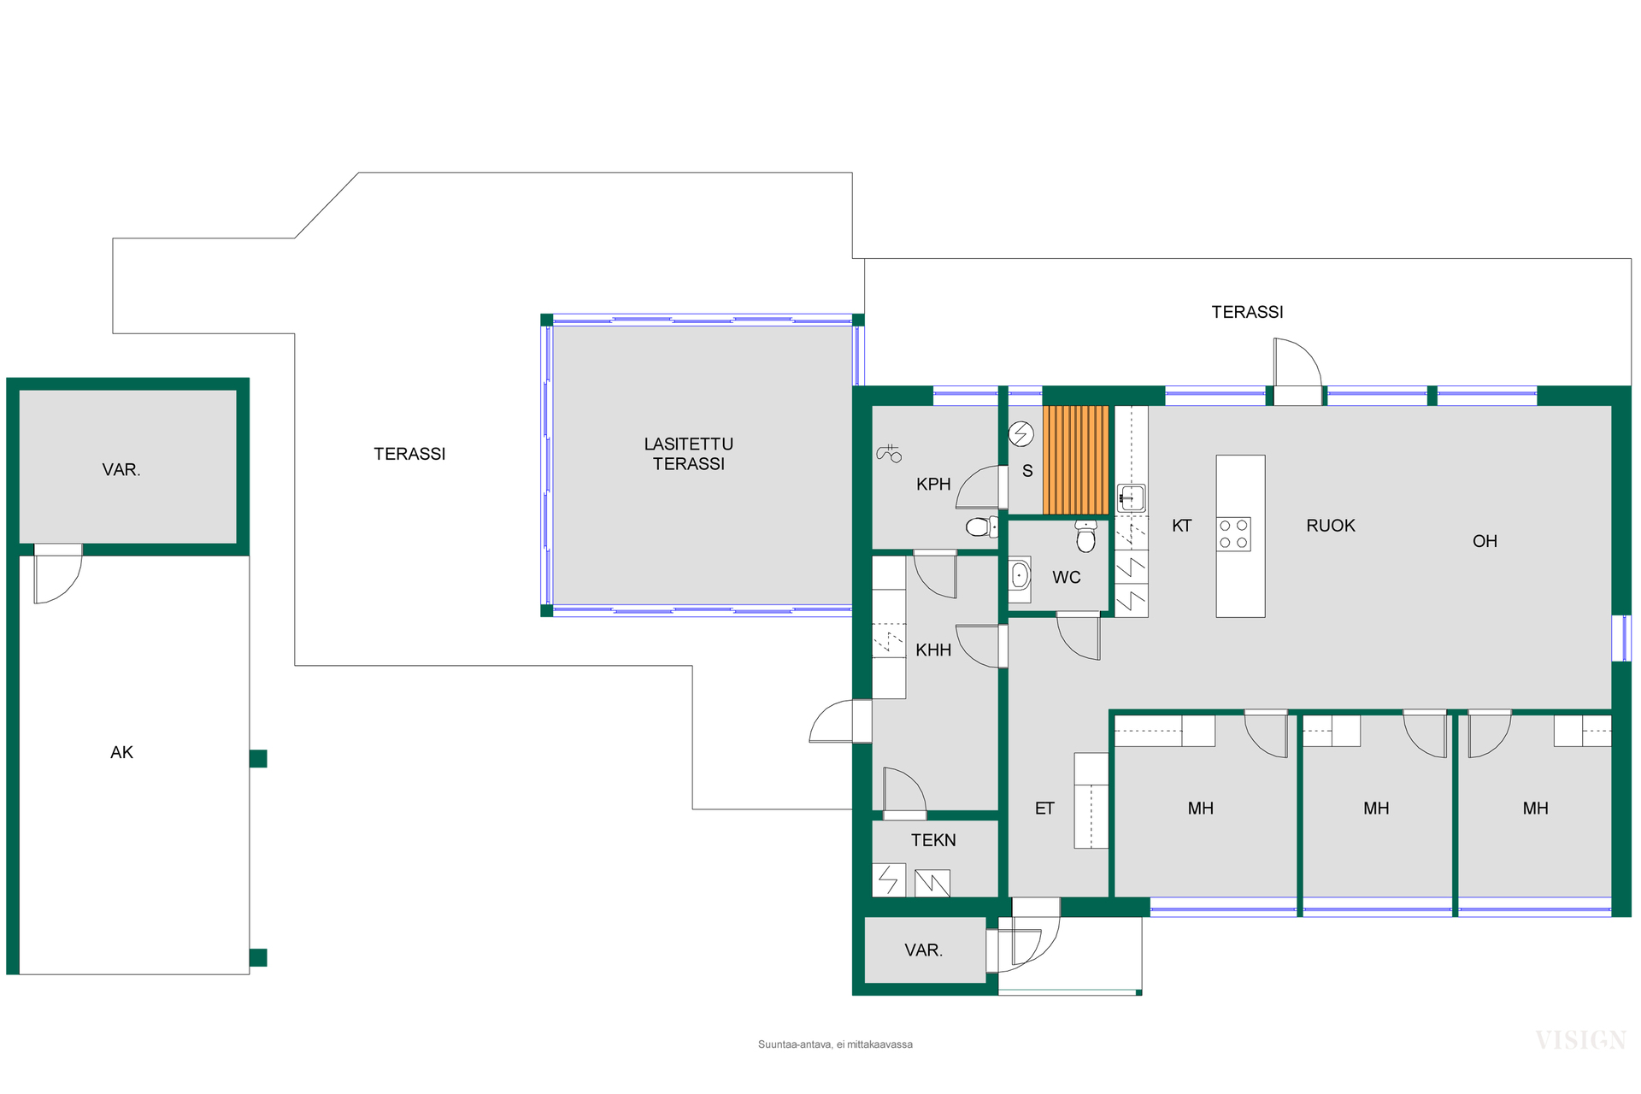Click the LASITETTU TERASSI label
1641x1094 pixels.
(x=689, y=454)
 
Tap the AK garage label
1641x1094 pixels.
(x=122, y=752)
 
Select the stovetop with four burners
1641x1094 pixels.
(x=1233, y=534)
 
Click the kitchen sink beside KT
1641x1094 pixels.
(x=1131, y=497)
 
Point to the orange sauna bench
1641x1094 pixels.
(x=1076, y=460)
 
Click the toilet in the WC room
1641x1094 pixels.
(x=1085, y=536)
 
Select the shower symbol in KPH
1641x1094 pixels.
(x=889, y=454)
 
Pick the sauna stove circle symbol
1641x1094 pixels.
(x=1020, y=434)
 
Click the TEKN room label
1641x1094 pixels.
(x=933, y=840)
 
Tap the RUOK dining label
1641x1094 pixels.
(x=1331, y=526)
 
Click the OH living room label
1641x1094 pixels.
(x=1485, y=541)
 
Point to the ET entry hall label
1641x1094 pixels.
(x=1044, y=809)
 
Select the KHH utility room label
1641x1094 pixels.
(x=933, y=650)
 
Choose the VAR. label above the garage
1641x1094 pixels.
(x=121, y=470)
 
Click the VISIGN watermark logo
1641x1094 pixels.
(x=1580, y=1040)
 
